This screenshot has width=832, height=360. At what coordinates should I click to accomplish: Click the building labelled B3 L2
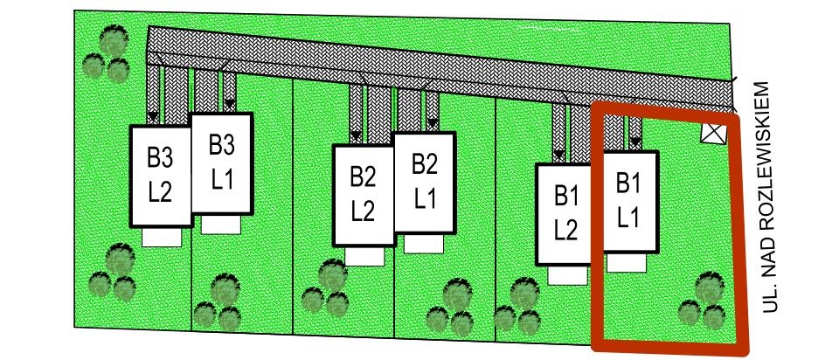pyautogui.click(x=160, y=175)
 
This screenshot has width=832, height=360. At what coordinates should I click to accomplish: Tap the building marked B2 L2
pyautogui.click(x=363, y=194)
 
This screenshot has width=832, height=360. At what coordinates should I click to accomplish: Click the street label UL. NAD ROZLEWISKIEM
pyautogui.click(x=770, y=197)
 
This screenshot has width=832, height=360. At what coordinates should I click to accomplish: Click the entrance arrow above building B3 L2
pyautogui.click(x=153, y=116)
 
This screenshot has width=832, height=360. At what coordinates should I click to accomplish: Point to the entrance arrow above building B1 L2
pyautogui.click(x=558, y=155)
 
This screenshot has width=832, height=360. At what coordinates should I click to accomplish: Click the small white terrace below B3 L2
pyautogui.click(x=161, y=237)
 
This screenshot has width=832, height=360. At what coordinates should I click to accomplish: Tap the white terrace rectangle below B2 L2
pyautogui.click(x=364, y=256)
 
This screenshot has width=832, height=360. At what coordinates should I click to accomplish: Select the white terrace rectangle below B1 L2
pyautogui.click(x=566, y=274)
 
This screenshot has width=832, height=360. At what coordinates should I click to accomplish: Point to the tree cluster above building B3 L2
pyautogui.click(x=107, y=54)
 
